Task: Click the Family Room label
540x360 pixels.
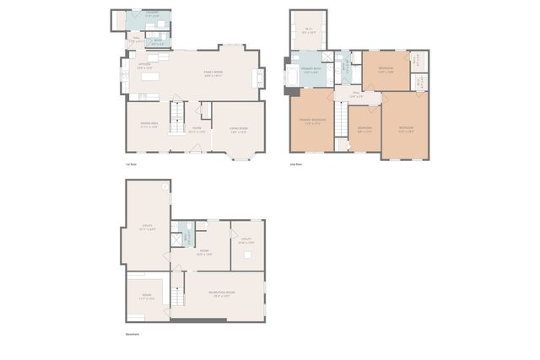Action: [212, 73]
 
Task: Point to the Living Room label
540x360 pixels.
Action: [238, 130]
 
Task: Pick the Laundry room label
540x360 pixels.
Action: [151, 14]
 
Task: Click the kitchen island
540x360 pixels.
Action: [151, 76]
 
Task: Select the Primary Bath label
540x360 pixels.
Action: [310, 71]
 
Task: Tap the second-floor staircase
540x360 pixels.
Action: [343, 118]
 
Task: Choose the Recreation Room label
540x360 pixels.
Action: [223, 294]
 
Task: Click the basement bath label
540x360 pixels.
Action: [188, 238]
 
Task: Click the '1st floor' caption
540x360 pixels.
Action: [131, 164]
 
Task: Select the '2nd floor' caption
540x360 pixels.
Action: [296, 164]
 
